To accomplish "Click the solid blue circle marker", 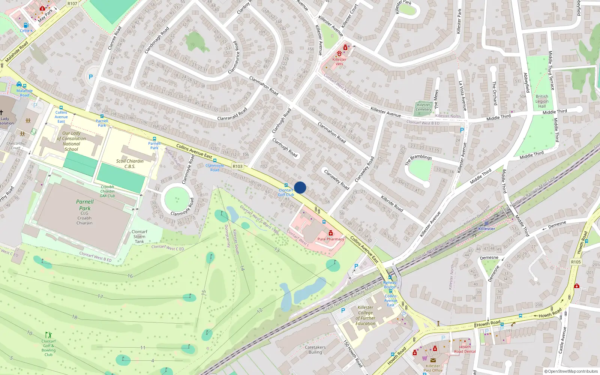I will coord(300,187).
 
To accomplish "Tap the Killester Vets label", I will coord(339,61).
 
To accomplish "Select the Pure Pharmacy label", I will coord(330,239).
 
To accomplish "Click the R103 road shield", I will coord(237,166).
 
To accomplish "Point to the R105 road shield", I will coord(576,262).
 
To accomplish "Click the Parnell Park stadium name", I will coord(85,205).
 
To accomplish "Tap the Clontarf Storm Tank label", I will coord(139,237).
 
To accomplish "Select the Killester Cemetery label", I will coord(424,107).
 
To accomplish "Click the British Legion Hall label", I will coord(541,101).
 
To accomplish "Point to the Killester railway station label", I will coord(486,228).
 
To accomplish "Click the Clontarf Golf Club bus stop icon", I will coord(286,185).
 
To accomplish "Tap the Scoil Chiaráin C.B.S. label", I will coord(130,163).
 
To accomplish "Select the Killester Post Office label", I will coord(433,368).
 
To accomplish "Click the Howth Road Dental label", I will coord(465,349).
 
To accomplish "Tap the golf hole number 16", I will coord(130,276).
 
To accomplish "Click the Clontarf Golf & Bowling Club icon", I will coord(48,334).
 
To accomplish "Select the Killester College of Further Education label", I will coord(365,315).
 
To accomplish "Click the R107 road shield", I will coord(72,3).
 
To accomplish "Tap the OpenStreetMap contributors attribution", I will coord(571,371).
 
